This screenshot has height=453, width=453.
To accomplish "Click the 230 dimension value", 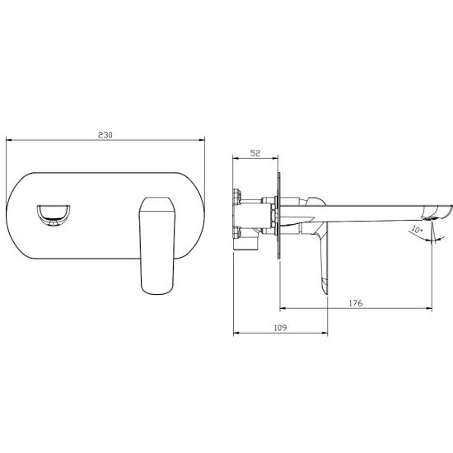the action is point(105,135).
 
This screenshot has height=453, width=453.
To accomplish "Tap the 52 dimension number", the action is point(255,153).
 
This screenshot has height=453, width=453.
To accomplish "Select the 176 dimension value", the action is point(356,303).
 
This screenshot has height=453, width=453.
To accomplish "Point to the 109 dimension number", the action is point(280,328).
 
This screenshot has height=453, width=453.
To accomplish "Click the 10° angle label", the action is point(417,230).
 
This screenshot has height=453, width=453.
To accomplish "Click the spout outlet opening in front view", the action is point(54,215).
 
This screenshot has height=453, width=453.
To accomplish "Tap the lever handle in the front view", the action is point(157,245).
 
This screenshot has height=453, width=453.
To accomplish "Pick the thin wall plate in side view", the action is point(278,216).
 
